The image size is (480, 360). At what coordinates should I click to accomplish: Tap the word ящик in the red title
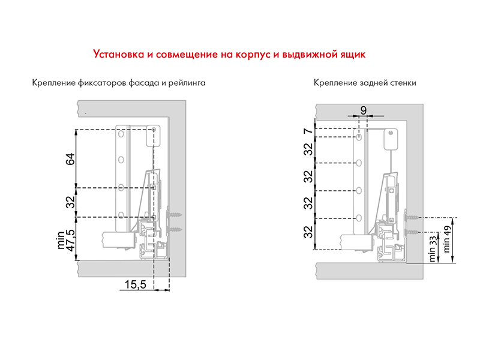tap(350, 54)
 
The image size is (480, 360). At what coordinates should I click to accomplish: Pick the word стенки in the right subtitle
tap(403, 83)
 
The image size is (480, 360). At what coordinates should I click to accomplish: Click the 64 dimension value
tap(70, 159)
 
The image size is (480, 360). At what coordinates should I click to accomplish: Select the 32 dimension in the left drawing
tap(70, 202)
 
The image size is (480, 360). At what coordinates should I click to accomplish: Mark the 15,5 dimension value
tap(136, 285)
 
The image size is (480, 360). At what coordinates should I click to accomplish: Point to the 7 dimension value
tap(307, 132)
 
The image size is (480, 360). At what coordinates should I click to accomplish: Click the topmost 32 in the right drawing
tap(307, 150)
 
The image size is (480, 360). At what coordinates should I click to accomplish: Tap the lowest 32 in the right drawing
tap(307, 232)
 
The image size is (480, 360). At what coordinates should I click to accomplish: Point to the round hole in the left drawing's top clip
tap(155, 129)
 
